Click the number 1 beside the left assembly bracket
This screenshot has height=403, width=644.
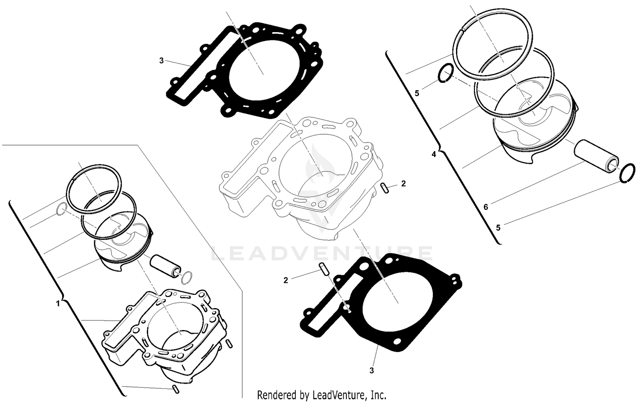(x=58, y=304)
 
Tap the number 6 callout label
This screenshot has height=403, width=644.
(x=486, y=207)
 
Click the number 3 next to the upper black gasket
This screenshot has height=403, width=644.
(x=161, y=61)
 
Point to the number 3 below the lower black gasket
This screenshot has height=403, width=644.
(x=372, y=370)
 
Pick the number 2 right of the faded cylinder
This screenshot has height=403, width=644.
(x=403, y=184)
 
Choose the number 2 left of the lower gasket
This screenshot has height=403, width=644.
(x=286, y=281)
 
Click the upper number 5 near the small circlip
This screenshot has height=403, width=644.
(x=417, y=93)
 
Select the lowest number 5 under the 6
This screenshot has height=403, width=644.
(x=498, y=228)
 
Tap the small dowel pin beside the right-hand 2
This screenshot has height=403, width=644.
(x=385, y=188)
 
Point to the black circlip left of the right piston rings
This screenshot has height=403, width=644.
(x=445, y=72)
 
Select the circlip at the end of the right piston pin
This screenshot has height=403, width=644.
(x=627, y=172)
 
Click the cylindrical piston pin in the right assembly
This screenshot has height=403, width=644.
(x=597, y=155)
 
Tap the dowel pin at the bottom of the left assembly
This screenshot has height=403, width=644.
(x=174, y=389)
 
